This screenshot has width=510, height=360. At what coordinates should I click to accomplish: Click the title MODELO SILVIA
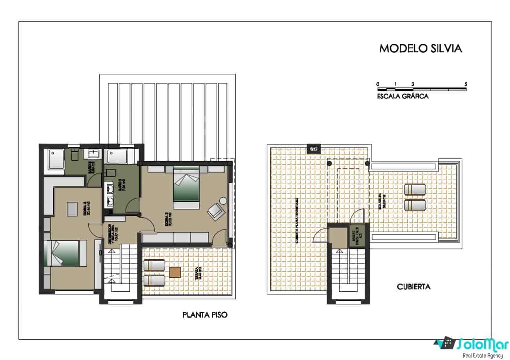click(x=421, y=48)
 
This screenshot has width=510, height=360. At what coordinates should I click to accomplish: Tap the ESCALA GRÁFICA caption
click(x=403, y=96)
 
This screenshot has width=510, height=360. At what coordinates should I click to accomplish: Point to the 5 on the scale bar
click(x=466, y=84)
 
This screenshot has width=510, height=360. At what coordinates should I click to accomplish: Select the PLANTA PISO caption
click(x=205, y=315)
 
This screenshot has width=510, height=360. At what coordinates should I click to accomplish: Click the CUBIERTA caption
click(x=414, y=287)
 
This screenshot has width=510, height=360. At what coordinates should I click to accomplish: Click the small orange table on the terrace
click(x=175, y=272)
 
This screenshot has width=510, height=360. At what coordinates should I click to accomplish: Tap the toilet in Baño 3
click(x=75, y=155)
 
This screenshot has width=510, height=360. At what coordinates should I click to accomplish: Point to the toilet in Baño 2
click(x=110, y=173)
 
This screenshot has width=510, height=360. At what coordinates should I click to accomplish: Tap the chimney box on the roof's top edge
click(x=313, y=149)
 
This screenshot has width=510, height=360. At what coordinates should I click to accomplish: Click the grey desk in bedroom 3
click(x=72, y=209)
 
